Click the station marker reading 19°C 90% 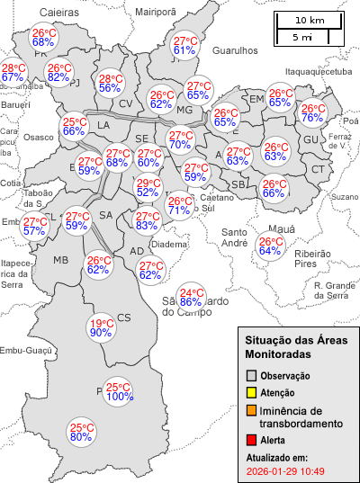click(101, 328)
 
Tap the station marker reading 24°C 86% click(191, 297)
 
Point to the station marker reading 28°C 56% click(110, 83)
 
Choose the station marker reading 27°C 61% click(184, 45)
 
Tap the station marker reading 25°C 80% click(82, 433)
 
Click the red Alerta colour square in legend click(252, 440)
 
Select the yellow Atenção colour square click(252, 392)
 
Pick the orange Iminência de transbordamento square click(252, 410)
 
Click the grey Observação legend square click(252, 375)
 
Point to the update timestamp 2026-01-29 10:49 click(284, 470)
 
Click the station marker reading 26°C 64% click(270, 246)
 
